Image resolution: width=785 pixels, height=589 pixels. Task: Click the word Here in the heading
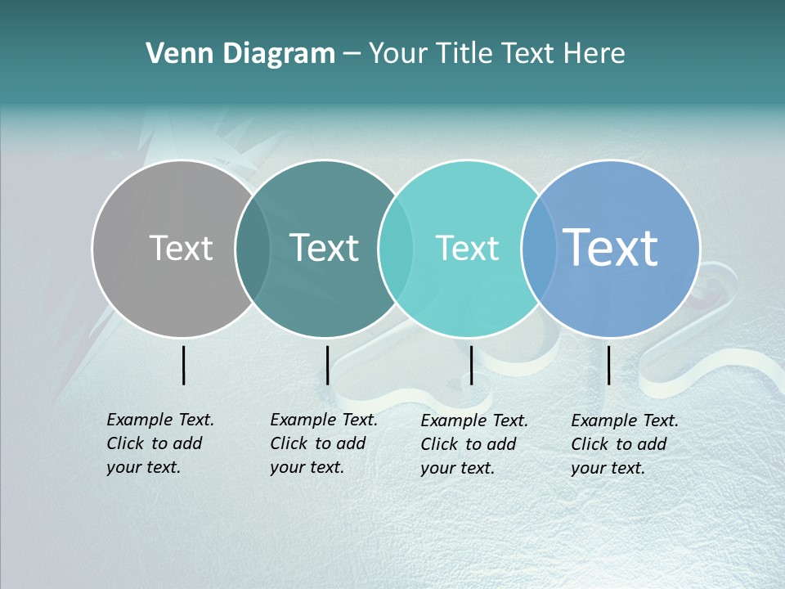595,54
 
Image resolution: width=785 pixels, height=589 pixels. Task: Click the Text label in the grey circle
181,248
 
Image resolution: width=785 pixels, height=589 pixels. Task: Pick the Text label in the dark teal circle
325,248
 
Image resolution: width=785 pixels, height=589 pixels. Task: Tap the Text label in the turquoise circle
467,248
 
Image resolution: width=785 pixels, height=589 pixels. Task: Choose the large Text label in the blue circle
611,247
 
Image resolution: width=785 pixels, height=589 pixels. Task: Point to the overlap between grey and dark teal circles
252,248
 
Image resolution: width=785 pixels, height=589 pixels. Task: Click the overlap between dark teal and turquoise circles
396,248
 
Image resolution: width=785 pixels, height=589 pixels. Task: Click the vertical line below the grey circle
184,365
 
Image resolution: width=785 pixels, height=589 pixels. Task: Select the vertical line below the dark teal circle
327,365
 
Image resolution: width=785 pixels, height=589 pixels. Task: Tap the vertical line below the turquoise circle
472,365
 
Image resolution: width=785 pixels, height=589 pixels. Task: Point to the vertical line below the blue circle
609,365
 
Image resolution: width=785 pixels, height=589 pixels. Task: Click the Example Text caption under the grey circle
159,443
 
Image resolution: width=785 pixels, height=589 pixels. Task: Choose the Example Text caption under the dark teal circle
323,443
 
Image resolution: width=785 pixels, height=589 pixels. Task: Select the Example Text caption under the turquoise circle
473,444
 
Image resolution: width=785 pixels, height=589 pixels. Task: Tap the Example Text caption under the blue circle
624,444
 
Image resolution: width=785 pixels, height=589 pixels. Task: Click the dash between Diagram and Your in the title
352,55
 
